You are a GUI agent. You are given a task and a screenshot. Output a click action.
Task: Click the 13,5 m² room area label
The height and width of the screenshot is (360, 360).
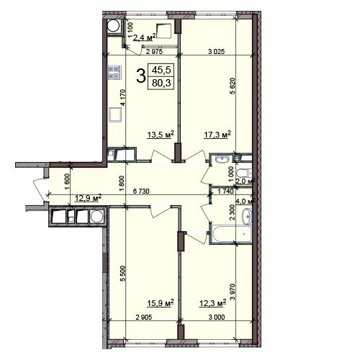(x=161, y=135)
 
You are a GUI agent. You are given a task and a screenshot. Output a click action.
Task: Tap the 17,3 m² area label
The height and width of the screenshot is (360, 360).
(x=217, y=135)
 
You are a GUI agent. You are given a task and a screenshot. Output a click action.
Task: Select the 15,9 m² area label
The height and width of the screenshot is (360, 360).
(x=161, y=303)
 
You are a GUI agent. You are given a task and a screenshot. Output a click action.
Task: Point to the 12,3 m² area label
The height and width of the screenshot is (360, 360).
(x=213, y=303)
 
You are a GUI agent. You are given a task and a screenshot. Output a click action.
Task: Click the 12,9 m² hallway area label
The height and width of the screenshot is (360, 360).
(x=89, y=198)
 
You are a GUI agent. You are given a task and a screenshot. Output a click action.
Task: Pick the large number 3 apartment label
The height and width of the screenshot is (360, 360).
(x=141, y=76)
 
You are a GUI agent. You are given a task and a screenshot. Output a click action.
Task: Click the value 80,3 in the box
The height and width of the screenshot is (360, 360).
(x=161, y=83)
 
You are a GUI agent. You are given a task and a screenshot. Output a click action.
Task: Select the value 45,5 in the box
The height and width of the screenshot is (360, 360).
(x=161, y=70)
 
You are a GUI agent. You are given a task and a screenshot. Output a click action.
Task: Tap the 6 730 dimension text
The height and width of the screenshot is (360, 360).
(x=141, y=192)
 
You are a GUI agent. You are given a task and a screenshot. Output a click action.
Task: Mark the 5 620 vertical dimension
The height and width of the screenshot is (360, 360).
(x=233, y=86)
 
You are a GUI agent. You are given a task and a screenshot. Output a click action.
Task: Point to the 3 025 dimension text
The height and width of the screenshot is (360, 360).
(x=216, y=51)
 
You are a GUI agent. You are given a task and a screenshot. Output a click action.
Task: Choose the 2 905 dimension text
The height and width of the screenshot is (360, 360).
(x=144, y=318)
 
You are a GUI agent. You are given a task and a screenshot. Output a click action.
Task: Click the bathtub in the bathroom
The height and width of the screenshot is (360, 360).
(x=231, y=234)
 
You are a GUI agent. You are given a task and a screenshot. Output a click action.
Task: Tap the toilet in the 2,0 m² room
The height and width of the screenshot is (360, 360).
(x=243, y=173)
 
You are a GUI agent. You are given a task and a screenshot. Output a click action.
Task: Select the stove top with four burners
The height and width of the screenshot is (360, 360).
(x=114, y=73)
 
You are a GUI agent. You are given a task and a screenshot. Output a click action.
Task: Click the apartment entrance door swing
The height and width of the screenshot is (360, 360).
(x=38, y=189)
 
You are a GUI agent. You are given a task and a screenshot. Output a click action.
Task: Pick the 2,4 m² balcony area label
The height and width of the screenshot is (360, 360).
(x=144, y=37)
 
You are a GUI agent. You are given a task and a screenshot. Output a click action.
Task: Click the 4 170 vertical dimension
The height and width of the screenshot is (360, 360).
(x=123, y=97)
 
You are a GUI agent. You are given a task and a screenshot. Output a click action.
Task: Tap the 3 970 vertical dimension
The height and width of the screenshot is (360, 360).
(x=233, y=292)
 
